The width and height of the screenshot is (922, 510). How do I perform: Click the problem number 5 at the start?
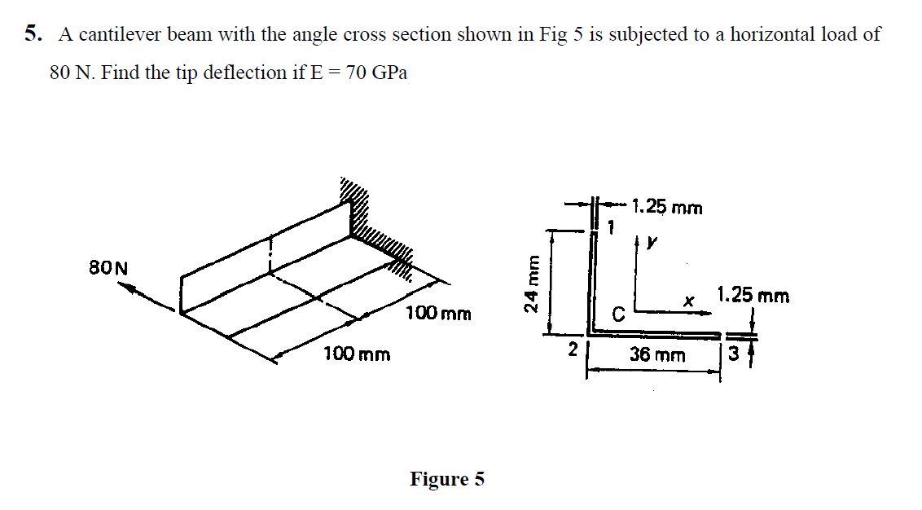click(30, 34)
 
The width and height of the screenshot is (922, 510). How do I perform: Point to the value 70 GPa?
click(377, 73)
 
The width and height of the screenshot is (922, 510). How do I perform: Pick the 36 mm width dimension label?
click(657, 355)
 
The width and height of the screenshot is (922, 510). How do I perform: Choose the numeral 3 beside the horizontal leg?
click(735, 355)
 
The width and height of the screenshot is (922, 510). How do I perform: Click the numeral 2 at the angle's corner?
click(573, 350)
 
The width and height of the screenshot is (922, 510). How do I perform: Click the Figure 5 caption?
click(446, 479)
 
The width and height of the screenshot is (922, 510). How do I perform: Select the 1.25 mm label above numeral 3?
click(753, 295)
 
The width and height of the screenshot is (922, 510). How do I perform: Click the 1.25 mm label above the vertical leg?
click(667, 208)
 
